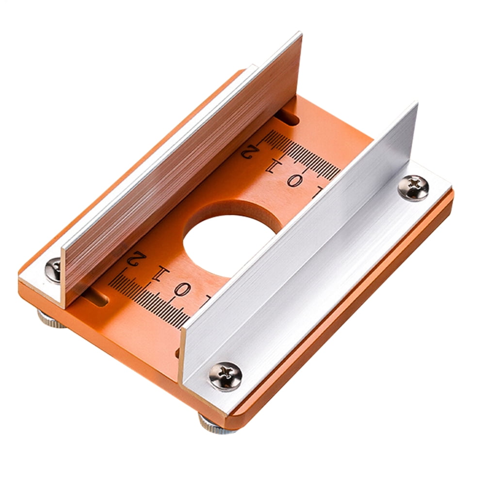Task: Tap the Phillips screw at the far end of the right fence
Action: point(413,188)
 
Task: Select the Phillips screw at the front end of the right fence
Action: point(225,376)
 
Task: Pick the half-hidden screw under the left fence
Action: point(53,270)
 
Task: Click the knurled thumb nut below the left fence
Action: point(50,320)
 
